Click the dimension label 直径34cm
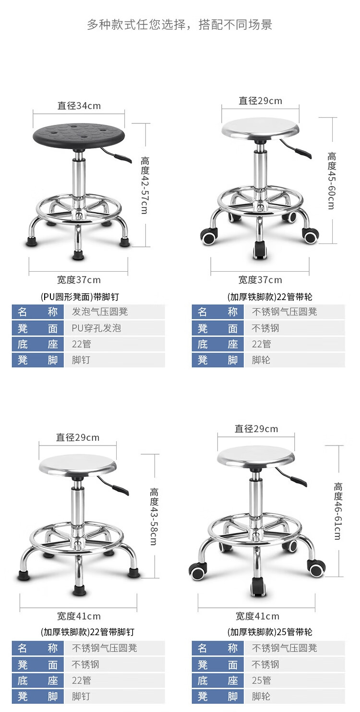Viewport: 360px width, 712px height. [79, 106]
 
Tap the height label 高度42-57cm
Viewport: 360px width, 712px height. [144, 185]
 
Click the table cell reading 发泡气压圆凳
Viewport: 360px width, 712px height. [100, 312]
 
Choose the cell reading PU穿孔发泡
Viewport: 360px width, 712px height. [96, 328]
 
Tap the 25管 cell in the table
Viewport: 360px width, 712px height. [261, 680]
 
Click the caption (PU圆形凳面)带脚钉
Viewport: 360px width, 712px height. [80, 297]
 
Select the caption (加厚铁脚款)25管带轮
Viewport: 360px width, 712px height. [270, 632]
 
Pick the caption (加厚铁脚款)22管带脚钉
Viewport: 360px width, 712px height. [87, 632]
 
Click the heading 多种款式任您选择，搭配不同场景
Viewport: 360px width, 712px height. [180, 25]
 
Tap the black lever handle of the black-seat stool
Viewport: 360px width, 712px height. [122, 158]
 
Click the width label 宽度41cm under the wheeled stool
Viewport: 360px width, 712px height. [257, 616]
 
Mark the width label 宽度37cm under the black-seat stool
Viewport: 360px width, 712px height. [79, 280]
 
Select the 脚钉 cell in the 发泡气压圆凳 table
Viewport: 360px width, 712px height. [81, 360]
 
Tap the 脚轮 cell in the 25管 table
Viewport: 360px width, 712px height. [261, 696]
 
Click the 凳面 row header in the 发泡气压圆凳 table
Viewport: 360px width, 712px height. [38, 328]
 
